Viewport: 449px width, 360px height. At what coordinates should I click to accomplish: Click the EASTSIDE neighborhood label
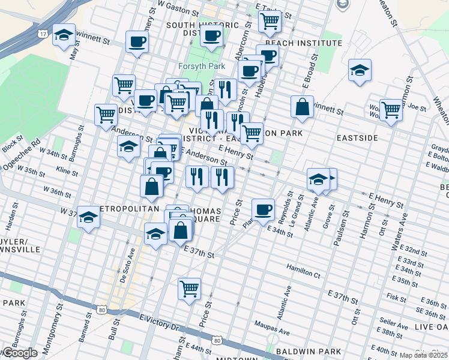(357, 138)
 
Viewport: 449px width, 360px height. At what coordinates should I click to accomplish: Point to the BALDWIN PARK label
(309, 351)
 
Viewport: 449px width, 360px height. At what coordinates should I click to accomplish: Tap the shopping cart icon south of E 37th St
(189, 289)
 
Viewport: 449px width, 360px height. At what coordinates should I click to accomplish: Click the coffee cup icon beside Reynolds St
(263, 209)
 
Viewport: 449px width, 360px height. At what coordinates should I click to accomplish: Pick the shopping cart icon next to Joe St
(391, 110)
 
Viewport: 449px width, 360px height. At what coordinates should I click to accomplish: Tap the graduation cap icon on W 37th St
(88, 218)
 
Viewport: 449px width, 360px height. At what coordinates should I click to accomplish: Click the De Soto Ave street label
(128, 267)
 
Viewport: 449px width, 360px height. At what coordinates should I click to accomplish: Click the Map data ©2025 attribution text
(424, 355)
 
